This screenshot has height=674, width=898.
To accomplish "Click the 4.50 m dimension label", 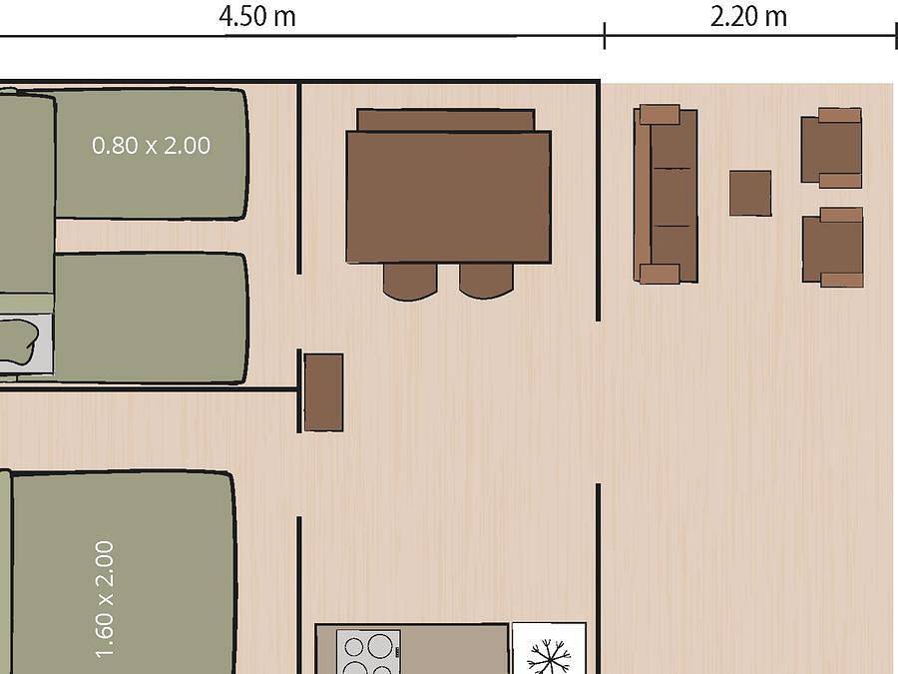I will [x=257, y=17].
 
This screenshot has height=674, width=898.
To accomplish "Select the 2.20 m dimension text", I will [x=748, y=17].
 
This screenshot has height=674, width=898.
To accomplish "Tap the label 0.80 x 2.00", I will [x=151, y=146].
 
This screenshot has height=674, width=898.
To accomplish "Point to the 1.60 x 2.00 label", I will [x=106, y=599].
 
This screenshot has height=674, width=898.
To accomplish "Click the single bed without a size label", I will [x=150, y=318].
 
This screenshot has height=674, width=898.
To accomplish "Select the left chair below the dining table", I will [x=410, y=281].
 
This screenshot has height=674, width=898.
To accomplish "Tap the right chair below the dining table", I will [x=486, y=281].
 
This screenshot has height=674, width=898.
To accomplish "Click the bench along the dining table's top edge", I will [x=446, y=120].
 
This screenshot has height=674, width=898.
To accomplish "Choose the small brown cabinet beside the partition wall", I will [x=323, y=392].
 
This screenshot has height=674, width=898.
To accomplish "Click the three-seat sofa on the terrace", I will [x=666, y=195].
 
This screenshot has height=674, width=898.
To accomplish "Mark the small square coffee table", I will [x=750, y=193].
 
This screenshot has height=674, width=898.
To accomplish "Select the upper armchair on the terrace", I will [x=831, y=148].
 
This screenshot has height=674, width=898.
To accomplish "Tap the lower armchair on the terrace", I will [x=832, y=247].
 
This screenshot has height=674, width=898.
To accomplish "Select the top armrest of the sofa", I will [x=659, y=115].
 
